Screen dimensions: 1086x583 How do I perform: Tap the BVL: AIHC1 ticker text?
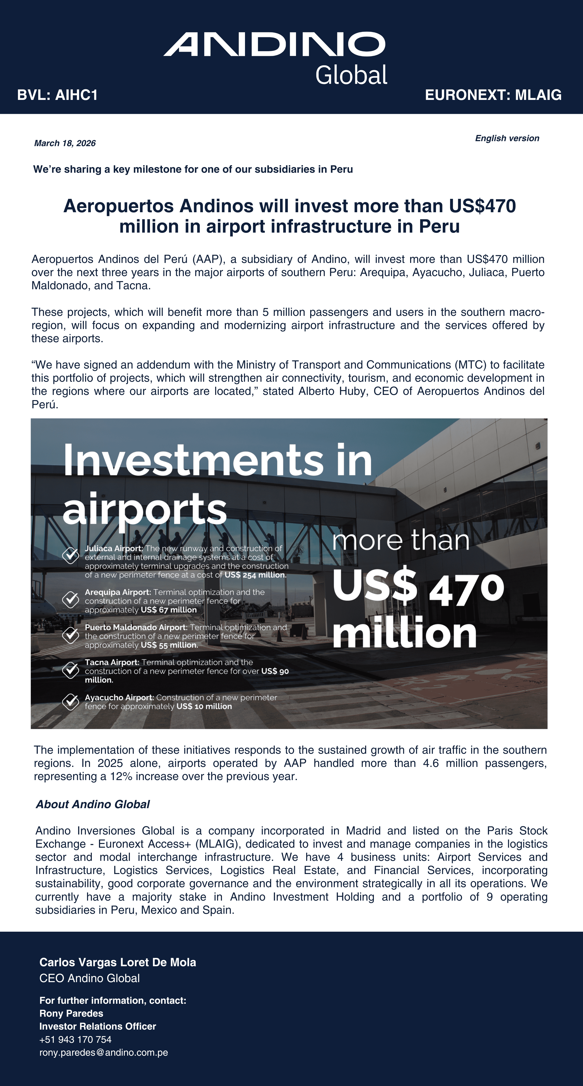(x=57, y=95)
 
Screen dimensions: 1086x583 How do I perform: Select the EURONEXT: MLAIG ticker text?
(x=493, y=95)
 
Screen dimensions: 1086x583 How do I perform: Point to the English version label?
(x=507, y=138)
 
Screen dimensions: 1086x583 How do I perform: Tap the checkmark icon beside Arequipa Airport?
(x=70, y=599)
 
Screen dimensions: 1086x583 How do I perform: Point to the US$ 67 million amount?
(x=169, y=610)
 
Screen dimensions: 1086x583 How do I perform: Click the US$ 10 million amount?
(x=204, y=706)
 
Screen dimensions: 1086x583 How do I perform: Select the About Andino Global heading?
(x=93, y=804)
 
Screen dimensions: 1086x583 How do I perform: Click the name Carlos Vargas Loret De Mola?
(x=118, y=962)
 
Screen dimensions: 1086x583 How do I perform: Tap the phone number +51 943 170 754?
(x=76, y=1040)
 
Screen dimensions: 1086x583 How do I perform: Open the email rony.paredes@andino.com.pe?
(x=104, y=1053)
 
